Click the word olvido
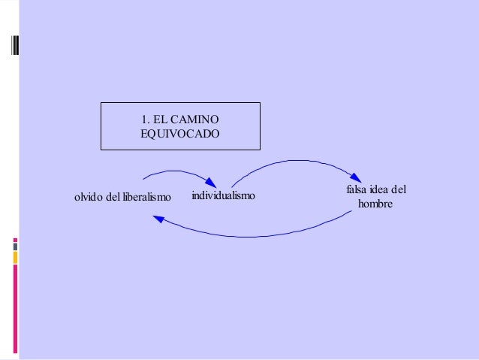click(88, 198)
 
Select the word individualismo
click(223, 196)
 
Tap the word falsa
click(357, 189)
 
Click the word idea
click(381, 189)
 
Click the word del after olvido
click(113, 198)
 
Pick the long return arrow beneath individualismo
click(255, 231)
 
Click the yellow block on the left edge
click(15, 258)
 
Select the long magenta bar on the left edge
click(15, 308)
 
